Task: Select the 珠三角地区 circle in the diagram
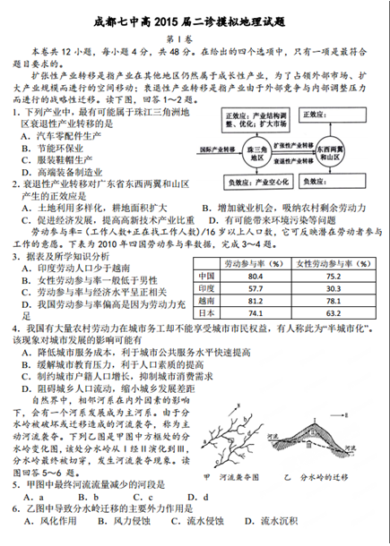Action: point(260,152)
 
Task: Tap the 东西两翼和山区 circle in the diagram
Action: point(331,151)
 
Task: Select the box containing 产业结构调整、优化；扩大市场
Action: point(259,121)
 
